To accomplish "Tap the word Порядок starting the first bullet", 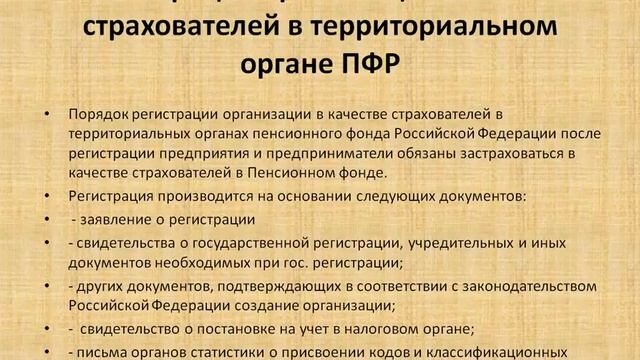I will tap(98, 114).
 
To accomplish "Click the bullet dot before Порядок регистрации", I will tap(48, 115).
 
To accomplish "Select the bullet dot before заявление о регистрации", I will tap(48, 220).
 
